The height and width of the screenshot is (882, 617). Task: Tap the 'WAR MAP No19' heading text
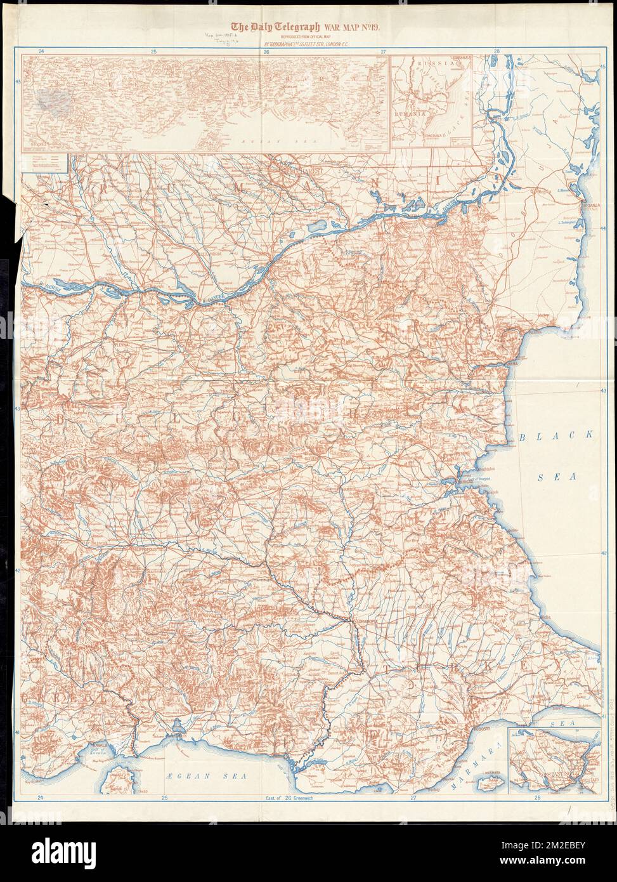(x=347, y=27)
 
